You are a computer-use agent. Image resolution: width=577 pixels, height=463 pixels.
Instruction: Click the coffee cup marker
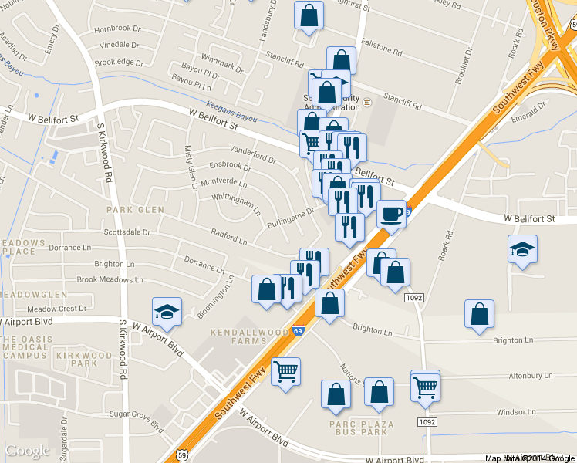pos(392,213)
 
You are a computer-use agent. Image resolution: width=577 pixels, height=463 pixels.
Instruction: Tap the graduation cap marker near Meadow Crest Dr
pos(167,312)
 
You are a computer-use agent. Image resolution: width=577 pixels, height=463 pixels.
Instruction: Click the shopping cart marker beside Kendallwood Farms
pos(286,372)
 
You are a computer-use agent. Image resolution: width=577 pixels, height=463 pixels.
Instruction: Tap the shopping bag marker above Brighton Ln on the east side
pos(480,314)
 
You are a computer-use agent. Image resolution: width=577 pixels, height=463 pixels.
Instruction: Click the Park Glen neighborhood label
pos(135,209)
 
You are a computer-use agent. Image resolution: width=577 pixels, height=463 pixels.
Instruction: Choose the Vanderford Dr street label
pos(253,155)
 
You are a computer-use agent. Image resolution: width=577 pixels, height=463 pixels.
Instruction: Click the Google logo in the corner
pos(27,451)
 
